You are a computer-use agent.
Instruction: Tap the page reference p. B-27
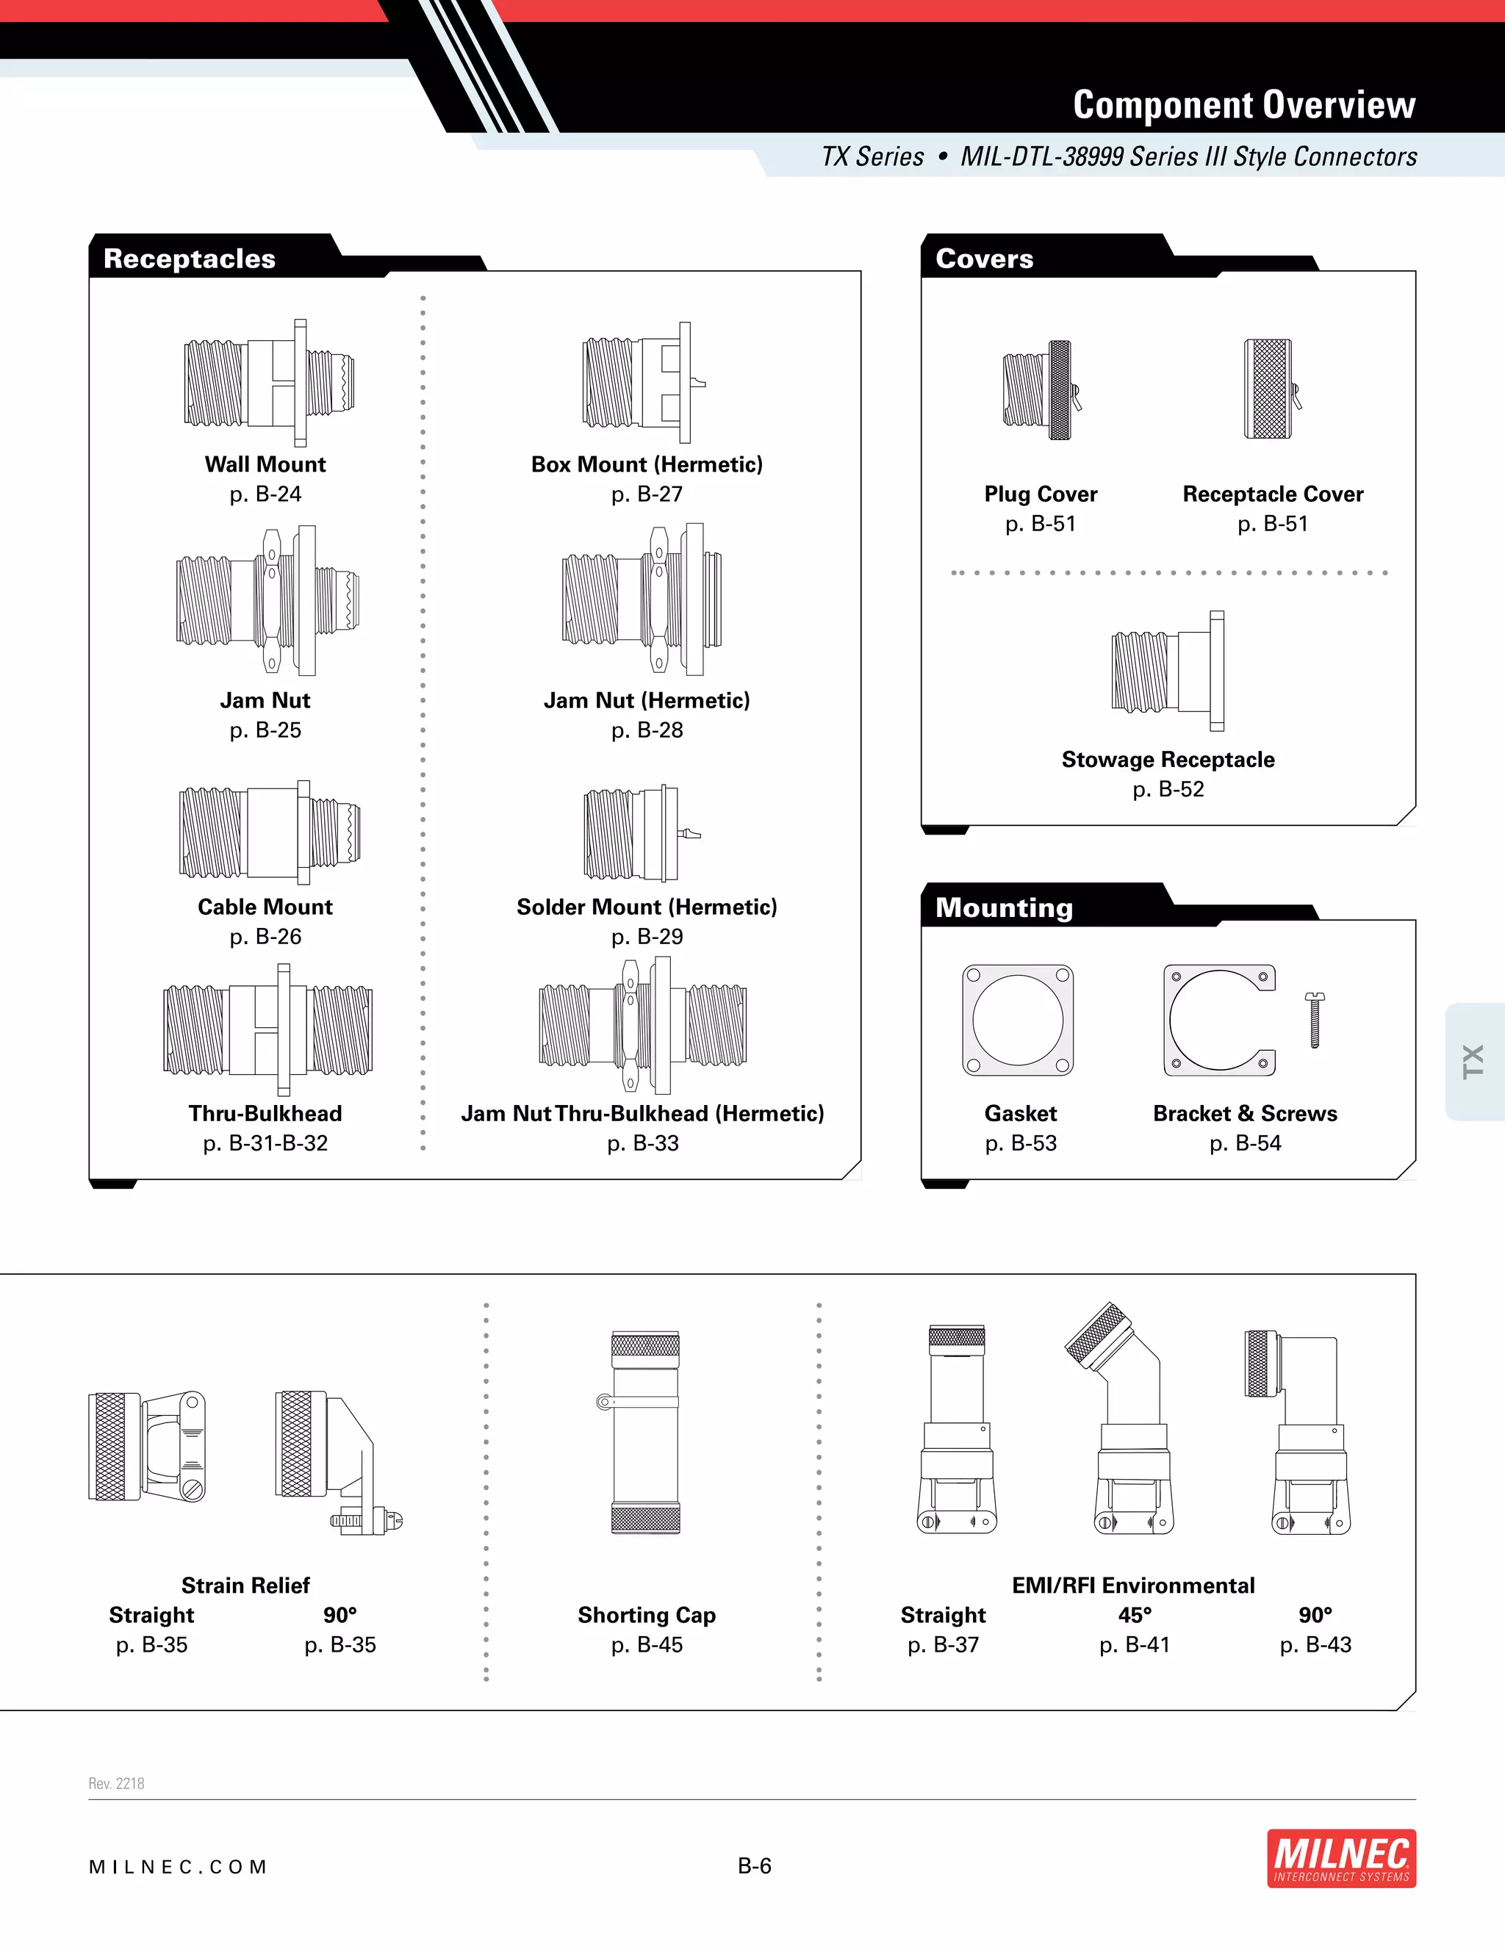tap(647, 494)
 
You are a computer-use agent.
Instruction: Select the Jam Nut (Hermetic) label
tap(647, 701)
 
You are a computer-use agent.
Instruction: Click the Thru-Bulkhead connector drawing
tap(267, 1029)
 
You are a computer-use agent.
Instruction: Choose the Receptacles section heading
tap(190, 259)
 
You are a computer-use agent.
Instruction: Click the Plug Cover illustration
tap(1041, 390)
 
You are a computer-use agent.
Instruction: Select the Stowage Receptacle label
tap(1168, 760)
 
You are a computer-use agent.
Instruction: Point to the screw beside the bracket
tap(1314, 1019)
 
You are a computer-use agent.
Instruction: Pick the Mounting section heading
tap(1004, 907)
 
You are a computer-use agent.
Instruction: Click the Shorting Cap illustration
tap(645, 1432)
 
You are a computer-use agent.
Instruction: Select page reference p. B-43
tap(1315, 1645)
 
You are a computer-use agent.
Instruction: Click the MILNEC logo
tap(1341, 1859)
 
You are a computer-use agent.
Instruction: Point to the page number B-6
tap(754, 1866)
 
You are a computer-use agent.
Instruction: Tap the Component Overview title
tap(1244, 105)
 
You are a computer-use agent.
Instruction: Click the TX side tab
tap(1474, 1061)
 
